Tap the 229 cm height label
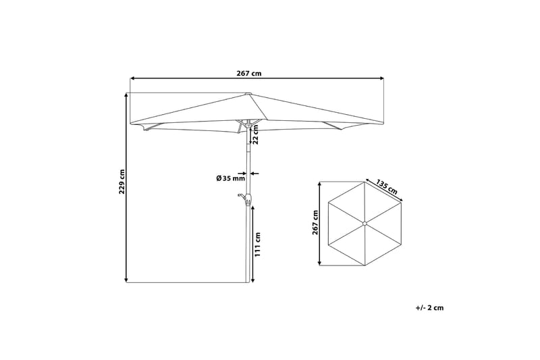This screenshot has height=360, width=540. [122, 181]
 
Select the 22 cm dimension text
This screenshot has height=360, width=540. [256, 136]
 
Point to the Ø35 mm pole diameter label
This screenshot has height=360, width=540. [230, 178]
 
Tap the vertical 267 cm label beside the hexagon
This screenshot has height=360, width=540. [315, 223]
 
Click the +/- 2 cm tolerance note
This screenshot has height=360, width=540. [430, 307]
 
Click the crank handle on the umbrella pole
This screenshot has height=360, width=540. [243, 197]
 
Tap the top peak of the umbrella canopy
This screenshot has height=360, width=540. [248, 94]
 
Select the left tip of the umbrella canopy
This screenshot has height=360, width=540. [130, 124]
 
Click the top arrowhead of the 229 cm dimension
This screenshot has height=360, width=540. [126, 95]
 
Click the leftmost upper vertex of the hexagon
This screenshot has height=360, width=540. [328, 203]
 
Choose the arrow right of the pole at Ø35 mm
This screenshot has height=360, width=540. [254, 174]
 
